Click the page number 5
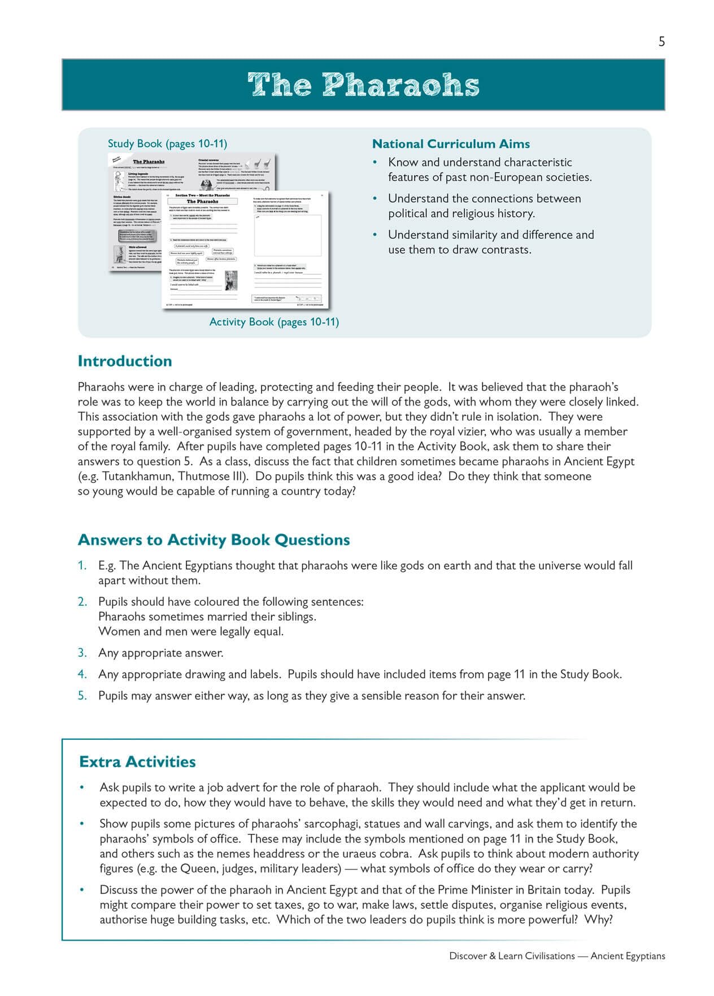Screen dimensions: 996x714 (661, 41)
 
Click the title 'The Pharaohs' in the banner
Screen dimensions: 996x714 (363, 85)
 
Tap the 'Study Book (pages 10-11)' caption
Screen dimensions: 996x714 (167, 144)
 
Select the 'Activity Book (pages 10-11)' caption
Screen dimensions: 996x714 (274, 322)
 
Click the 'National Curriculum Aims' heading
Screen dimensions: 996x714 (451, 144)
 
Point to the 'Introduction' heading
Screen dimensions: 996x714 (124, 361)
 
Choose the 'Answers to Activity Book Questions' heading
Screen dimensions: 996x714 (214, 540)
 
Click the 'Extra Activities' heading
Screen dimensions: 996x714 (137, 762)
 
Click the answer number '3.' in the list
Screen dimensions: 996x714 (82, 653)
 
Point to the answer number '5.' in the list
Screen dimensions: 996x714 (82, 696)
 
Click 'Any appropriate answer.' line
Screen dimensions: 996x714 (161, 653)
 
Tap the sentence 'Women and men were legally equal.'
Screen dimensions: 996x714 (191, 631)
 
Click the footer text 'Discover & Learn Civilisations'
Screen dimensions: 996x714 (512, 956)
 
